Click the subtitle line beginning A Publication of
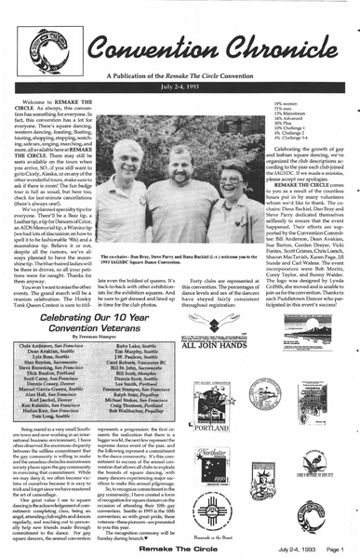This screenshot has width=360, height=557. pyautogui.click(x=180, y=72)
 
